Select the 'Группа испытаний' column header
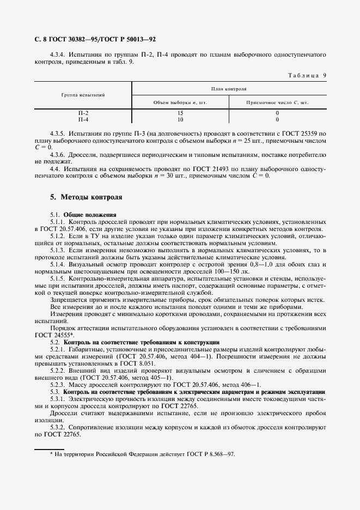[84, 95]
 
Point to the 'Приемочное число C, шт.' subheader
[278, 102]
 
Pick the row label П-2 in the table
[84, 113]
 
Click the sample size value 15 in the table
[180, 113]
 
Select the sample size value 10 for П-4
[180, 119]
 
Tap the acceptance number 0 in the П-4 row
[277, 119]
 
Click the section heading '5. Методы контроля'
[86, 197]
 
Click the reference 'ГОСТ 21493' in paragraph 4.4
[200, 169]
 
